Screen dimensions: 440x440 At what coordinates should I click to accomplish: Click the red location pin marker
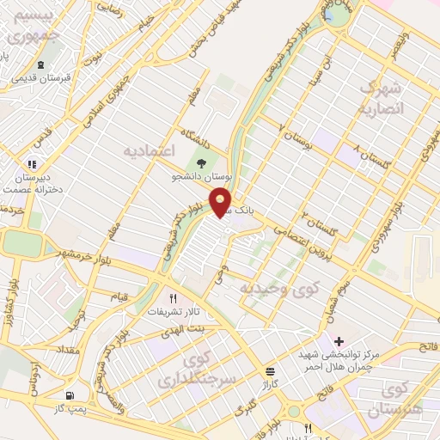[222, 201]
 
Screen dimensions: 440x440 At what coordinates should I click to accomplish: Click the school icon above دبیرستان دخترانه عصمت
[32, 163]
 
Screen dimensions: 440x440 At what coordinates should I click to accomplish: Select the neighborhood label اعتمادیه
[151, 150]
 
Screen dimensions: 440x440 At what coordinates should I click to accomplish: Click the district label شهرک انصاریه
[379, 98]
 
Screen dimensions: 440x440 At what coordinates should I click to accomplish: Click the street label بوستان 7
[298, 136]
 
